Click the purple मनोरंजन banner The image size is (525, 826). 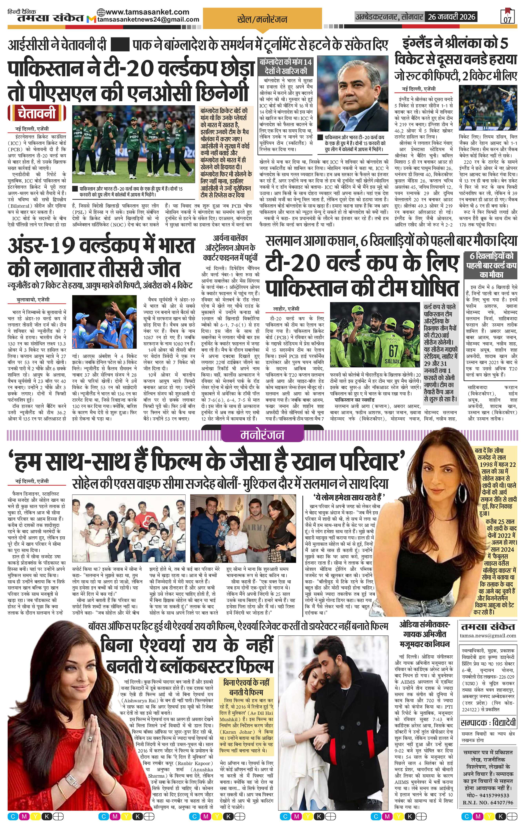pyautogui.click(x=262, y=435)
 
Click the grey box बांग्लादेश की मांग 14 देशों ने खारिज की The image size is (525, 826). pyautogui.click(x=286, y=66)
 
